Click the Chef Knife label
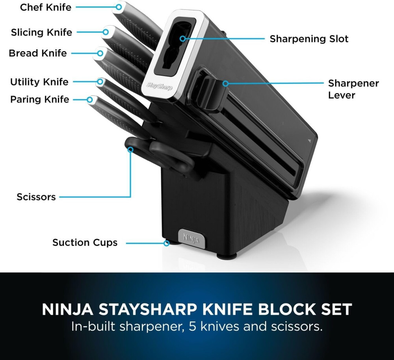[45, 7]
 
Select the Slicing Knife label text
[41, 32]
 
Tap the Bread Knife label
[38, 53]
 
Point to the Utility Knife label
[39, 82]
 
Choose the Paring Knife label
[39, 100]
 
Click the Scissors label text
[36, 197]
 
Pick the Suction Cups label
[85, 243]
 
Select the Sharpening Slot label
[309, 39]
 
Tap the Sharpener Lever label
[353, 89]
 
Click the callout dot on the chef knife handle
[119, 7]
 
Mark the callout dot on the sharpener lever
[226, 84]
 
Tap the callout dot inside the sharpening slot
[183, 39]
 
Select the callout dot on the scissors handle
[130, 150]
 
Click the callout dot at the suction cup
[166, 243]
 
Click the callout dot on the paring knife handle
[90, 100]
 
